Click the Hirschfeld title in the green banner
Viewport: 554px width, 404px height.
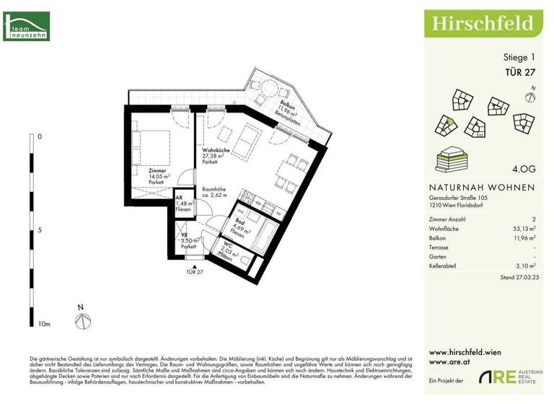(483, 23)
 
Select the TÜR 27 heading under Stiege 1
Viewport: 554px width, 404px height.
(519, 71)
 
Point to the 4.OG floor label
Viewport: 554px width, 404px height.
(522, 170)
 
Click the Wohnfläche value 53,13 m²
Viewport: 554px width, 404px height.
(521, 228)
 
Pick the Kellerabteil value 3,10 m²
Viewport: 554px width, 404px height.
(523, 265)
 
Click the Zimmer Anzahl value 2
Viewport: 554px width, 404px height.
(534, 219)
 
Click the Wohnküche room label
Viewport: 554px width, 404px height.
(216, 149)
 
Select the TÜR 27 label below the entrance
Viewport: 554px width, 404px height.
(195, 271)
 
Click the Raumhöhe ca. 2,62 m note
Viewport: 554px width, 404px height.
(214, 191)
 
